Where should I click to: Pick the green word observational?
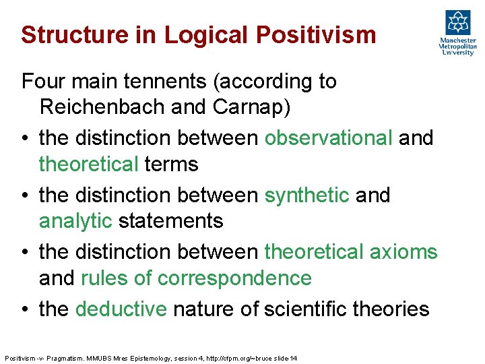pyautogui.click(x=328, y=138)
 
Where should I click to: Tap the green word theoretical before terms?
pyautogui.click(x=89, y=164)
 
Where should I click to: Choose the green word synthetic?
pyautogui.click(x=307, y=195)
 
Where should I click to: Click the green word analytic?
pyautogui.click(x=75, y=220)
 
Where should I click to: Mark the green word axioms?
pyautogui.click(x=403, y=251)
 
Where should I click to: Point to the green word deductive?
pyautogui.click(x=121, y=309)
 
